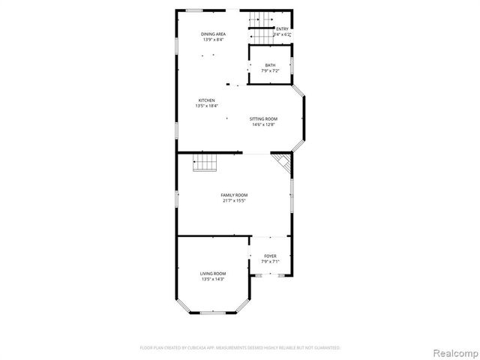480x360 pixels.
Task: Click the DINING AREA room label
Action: (x=214, y=34)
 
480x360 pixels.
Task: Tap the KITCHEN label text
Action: (x=206, y=100)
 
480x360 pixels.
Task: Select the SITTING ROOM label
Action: (x=264, y=119)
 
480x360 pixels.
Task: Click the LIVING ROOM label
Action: (x=213, y=274)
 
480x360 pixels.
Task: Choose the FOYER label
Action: (x=270, y=256)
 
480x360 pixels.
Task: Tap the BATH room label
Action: (x=270, y=65)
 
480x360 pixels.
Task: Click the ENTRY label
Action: (x=282, y=29)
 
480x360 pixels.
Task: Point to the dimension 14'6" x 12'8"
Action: (x=264, y=124)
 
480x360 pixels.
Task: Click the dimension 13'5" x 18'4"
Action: (x=206, y=106)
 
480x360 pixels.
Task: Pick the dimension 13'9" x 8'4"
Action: (x=214, y=39)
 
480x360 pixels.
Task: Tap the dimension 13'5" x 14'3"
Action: (x=213, y=279)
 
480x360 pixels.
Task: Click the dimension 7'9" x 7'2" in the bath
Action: (x=270, y=70)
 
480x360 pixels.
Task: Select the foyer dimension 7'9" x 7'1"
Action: (x=270, y=262)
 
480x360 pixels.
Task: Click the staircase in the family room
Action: (x=205, y=162)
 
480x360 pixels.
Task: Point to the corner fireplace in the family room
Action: (x=282, y=162)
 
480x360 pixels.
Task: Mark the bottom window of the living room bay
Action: (x=213, y=312)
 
